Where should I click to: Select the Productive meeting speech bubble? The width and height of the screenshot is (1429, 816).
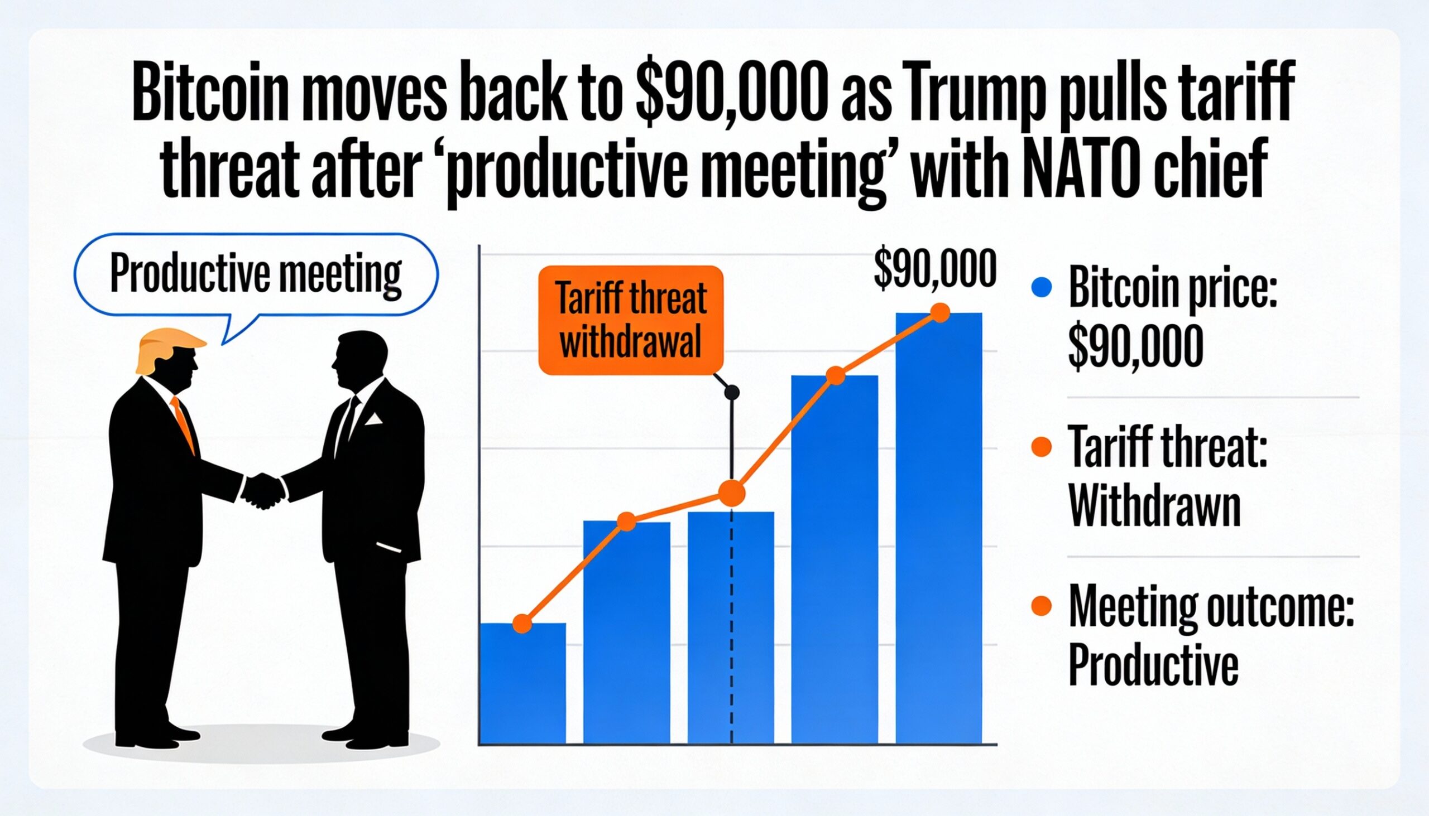[x=256, y=274]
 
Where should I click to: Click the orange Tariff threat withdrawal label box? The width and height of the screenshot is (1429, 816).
[x=630, y=320]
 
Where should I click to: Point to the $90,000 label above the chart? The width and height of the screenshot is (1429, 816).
[x=935, y=270]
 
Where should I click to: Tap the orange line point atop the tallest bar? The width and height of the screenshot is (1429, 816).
[x=940, y=312]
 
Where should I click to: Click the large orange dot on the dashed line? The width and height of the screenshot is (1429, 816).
[x=732, y=493]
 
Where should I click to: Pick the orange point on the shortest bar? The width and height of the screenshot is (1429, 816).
[x=522, y=623]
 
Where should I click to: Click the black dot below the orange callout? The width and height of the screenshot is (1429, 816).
[x=731, y=392]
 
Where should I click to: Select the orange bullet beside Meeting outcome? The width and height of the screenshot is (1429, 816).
[x=1041, y=606]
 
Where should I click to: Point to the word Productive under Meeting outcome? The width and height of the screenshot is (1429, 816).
[x=1153, y=667]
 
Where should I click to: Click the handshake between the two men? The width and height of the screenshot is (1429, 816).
[x=263, y=490]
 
